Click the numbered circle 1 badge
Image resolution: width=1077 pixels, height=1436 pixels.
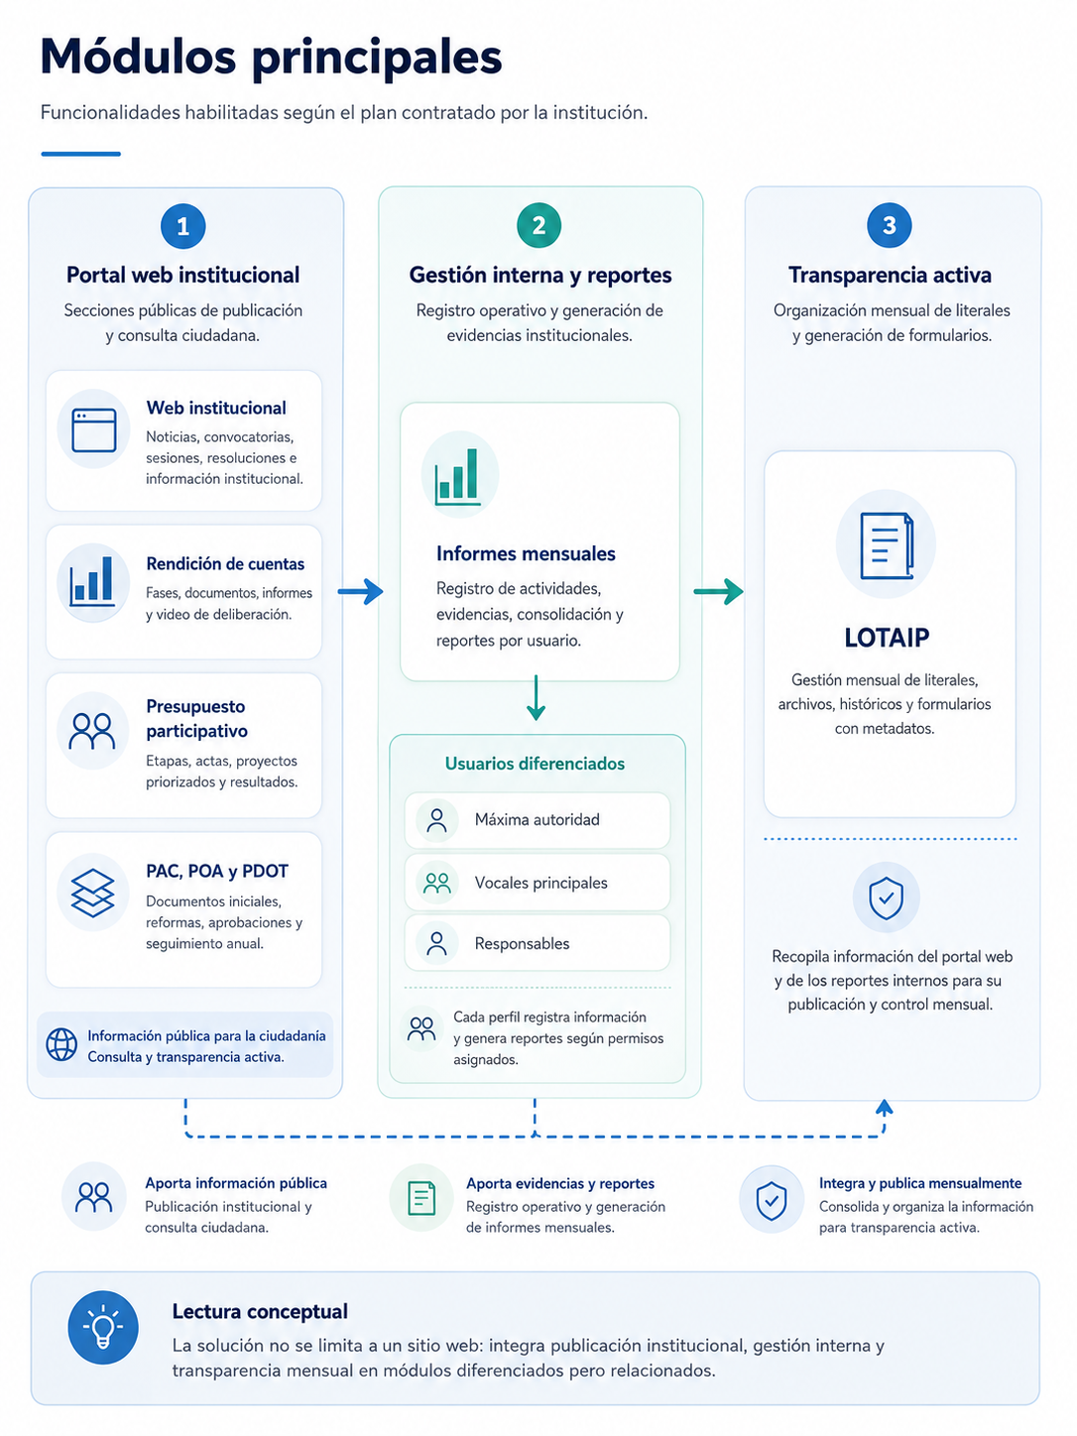click(x=183, y=226)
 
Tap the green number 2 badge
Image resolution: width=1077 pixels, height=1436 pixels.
click(x=538, y=226)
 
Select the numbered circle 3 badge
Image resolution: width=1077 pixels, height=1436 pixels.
click(x=890, y=226)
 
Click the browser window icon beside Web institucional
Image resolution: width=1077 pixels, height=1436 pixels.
click(x=94, y=429)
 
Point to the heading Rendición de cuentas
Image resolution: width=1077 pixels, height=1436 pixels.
click(x=225, y=564)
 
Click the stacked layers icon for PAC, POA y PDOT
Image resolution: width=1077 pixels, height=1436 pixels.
click(x=93, y=893)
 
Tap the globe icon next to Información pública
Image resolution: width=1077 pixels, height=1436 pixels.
click(x=61, y=1044)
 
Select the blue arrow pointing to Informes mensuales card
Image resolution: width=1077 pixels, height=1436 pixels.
click(x=360, y=591)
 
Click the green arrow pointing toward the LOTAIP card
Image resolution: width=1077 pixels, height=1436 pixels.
click(x=718, y=591)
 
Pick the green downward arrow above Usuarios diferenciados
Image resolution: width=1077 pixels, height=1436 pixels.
click(x=537, y=697)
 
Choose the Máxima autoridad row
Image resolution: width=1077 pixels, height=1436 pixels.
click(x=538, y=820)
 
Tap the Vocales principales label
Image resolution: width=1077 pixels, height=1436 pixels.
click(x=540, y=884)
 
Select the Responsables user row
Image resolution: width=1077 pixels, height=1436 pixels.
click(x=538, y=943)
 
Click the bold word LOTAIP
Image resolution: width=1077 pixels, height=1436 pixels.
click(x=887, y=638)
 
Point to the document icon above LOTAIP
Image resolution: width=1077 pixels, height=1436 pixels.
click(x=887, y=545)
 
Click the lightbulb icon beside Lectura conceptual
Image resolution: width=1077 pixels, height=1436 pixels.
click(x=103, y=1327)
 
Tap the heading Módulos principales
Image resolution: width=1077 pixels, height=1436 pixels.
click(x=271, y=57)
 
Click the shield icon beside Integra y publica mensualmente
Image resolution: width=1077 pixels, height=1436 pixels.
click(x=771, y=1201)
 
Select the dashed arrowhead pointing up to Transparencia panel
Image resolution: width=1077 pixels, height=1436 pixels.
click(x=884, y=1107)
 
